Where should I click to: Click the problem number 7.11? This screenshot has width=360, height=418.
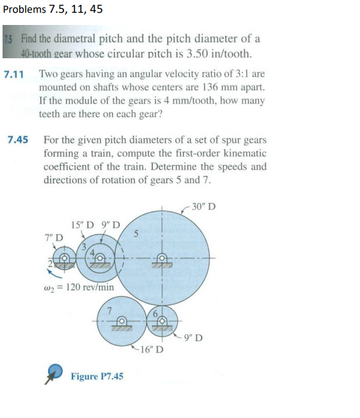click(14, 74)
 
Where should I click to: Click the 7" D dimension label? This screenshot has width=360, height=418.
click(54, 237)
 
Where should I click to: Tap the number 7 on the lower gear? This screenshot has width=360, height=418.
click(110, 309)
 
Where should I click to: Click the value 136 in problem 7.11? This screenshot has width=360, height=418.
click(204, 87)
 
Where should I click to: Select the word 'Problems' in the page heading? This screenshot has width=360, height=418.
click(24, 10)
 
